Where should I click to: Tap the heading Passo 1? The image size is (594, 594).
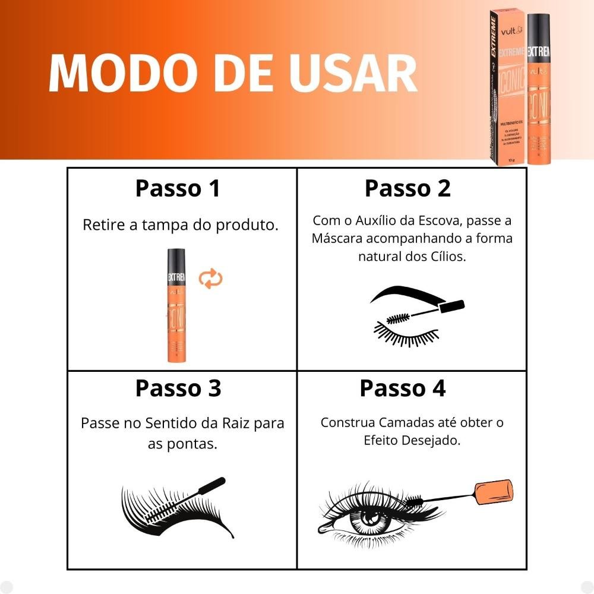tap(178, 188)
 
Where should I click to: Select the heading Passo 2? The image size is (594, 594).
tap(407, 188)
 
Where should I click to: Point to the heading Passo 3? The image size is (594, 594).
tap(178, 388)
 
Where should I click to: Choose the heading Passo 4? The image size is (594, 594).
tap(402, 388)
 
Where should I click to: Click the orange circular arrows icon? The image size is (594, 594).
tap(210, 278)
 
